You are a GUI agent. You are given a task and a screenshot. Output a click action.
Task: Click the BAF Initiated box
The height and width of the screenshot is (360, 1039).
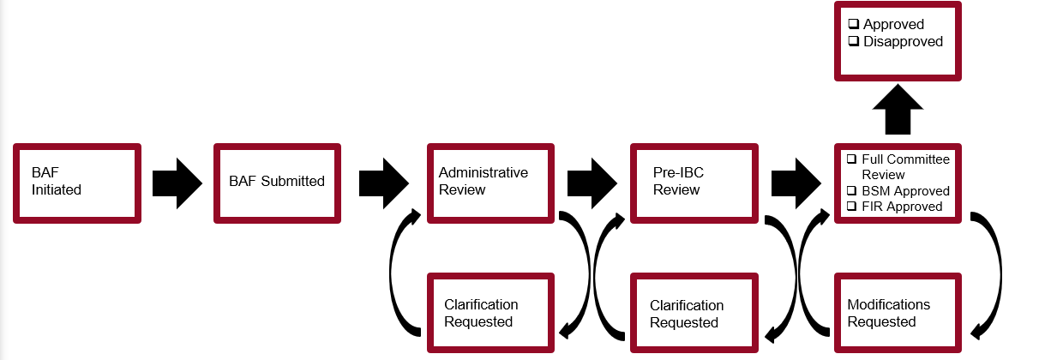pos(76,183)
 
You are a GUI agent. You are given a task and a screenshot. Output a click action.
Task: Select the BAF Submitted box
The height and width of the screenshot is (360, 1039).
pos(276,183)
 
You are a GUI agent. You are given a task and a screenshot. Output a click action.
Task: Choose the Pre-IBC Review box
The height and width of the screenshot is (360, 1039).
pos(694,183)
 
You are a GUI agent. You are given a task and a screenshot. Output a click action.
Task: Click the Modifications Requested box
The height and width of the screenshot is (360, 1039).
pos(898,313)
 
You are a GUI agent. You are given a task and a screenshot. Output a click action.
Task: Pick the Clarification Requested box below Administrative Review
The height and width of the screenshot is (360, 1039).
pos(490,313)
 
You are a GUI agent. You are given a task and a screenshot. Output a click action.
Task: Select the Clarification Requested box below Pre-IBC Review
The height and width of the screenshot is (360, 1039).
pos(694,313)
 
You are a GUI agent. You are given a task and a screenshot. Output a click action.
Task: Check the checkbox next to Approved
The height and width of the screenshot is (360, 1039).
pos(853,25)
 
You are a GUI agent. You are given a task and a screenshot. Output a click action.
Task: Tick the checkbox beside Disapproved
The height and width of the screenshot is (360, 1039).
pos(853,42)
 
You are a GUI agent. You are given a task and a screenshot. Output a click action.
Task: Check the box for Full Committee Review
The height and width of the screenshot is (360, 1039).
pos(851,159)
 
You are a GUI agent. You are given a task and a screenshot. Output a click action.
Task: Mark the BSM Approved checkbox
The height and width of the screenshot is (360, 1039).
pos(851,190)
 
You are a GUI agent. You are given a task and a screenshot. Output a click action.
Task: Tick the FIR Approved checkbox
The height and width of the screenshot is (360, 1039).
pos(851,207)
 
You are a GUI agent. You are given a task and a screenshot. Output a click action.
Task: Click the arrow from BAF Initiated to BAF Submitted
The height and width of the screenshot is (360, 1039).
pos(177,183)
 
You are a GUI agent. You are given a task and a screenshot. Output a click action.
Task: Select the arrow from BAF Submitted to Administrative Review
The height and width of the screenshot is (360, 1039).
pos(383,183)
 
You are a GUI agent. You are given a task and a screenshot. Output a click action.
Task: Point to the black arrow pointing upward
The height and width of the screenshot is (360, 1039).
pos(898,109)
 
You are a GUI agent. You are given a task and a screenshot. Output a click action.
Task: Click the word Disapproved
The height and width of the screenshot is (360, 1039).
pos(903,42)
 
